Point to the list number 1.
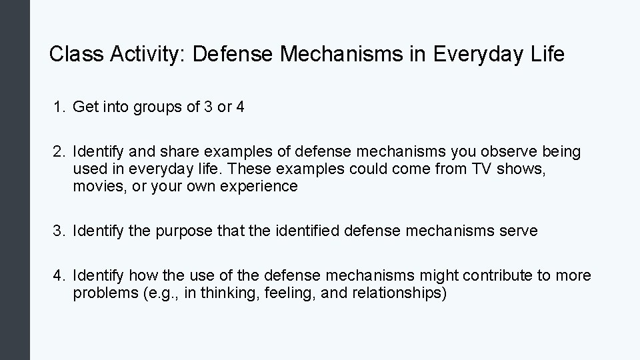pos(59,107)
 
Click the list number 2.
pos(59,152)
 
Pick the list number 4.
pos(59,275)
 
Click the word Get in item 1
pos(85,107)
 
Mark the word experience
pos(261,187)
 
